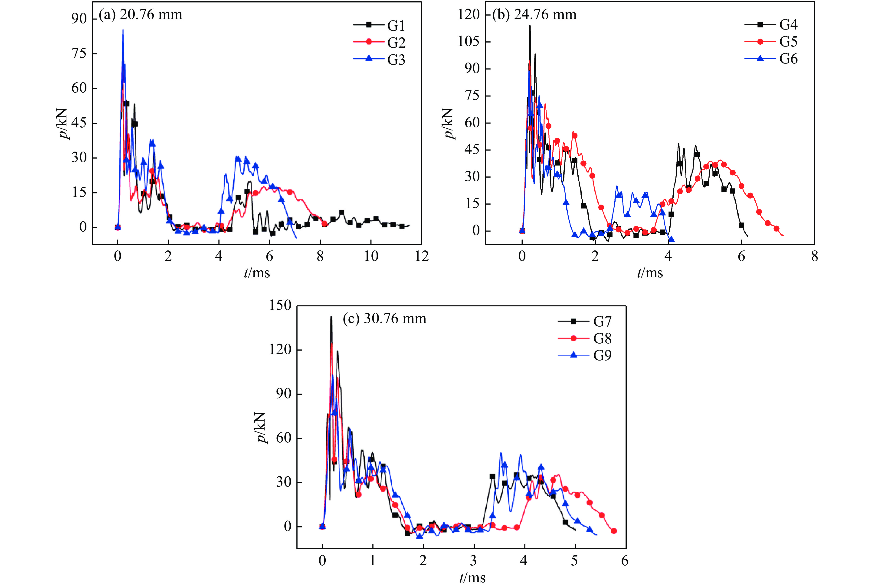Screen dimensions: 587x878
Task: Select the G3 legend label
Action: coord(396,60)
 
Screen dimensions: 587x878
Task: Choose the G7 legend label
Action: coord(602,321)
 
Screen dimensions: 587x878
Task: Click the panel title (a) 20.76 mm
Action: coord(141,15)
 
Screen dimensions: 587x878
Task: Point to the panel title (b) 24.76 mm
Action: coord(534,15)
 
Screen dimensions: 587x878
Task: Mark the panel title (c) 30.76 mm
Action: coord(384,318)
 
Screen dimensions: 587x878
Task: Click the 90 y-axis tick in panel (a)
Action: coord(79,18)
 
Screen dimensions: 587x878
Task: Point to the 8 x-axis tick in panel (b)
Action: coord(814,256)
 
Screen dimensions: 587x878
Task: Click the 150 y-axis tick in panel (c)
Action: coord(280,305)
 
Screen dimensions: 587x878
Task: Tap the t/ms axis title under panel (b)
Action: coord(650,272)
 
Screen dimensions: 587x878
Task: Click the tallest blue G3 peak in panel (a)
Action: coord(123,30)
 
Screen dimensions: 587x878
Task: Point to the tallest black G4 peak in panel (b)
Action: coord(530,26)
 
